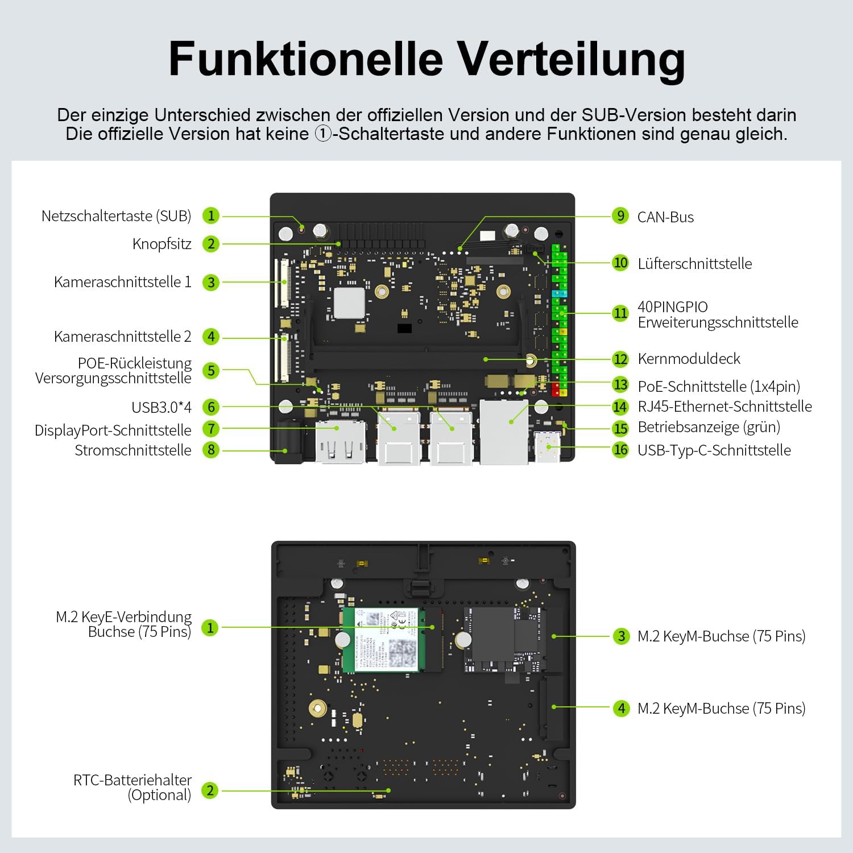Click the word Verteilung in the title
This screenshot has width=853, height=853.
pos(572,60)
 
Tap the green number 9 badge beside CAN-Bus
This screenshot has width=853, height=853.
pos(620,216)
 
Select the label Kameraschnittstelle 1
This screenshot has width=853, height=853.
pos(123,282)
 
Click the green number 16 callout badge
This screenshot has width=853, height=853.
pos(620,450)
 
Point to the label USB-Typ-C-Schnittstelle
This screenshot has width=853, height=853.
pos(714,450)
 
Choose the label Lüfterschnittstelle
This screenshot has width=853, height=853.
pos(695,264)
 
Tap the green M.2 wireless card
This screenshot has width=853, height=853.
pos(380,640)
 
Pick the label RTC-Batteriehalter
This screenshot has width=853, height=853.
pos(132,780)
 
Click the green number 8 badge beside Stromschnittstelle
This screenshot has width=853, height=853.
pos(211,450)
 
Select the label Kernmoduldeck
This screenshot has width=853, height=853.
pos(689,359)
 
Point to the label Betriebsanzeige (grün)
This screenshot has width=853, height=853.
pos(709,427)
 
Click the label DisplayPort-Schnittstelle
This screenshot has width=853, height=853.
pos(113,430)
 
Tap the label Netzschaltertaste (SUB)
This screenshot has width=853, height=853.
pos(117,216)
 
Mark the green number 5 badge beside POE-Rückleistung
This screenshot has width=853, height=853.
pos(211,370)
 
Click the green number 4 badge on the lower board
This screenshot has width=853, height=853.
pos(621,708)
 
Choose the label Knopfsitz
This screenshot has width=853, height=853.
pos(162,244)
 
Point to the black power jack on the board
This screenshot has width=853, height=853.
pos(289,442)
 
